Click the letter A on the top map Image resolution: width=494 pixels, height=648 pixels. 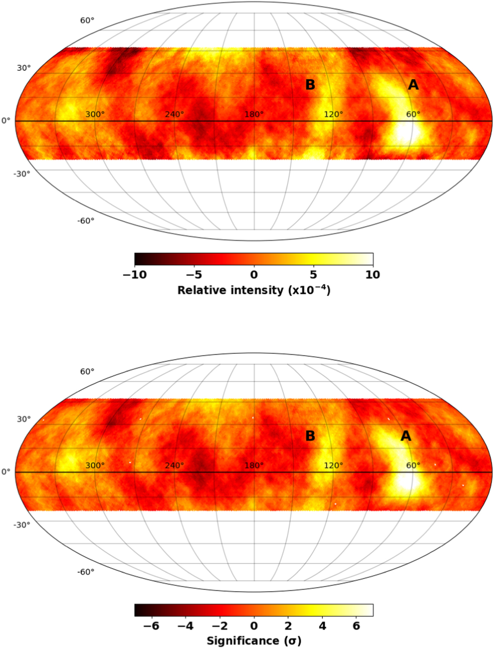(x=413, y=85)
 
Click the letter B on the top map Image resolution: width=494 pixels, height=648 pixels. (x=310, y=85)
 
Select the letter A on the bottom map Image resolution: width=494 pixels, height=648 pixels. (x=406, y=436)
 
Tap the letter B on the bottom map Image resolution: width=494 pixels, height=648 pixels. (x=310, y=436)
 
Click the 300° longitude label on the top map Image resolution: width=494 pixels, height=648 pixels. (x=95, y=114)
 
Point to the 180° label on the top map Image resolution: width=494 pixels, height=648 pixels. (x=254, y=114)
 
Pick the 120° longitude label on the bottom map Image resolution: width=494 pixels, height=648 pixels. (x=333, y=465)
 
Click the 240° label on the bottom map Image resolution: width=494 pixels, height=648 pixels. (x=174, y=465)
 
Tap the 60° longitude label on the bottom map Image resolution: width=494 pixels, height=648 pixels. (x=413, y=465)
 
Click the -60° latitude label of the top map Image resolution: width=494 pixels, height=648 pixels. (x=86, y=221)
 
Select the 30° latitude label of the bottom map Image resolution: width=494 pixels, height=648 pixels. (x=24, y=419)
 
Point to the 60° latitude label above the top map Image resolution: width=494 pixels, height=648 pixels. (x=87, y=20)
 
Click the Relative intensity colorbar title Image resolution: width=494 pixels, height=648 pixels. (x=253, y=290)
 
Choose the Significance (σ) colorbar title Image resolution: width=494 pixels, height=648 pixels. (x=253, y=641)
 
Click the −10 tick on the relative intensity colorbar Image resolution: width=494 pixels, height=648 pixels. (x=134, y=275)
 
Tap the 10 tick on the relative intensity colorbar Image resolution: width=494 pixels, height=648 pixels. (x=373, y=275)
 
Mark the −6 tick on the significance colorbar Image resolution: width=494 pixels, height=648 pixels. (x=151, y=626)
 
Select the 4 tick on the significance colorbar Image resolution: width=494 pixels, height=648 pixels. (x=322, y=626)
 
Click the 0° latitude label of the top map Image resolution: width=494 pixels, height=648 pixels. (x=5, y=121)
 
